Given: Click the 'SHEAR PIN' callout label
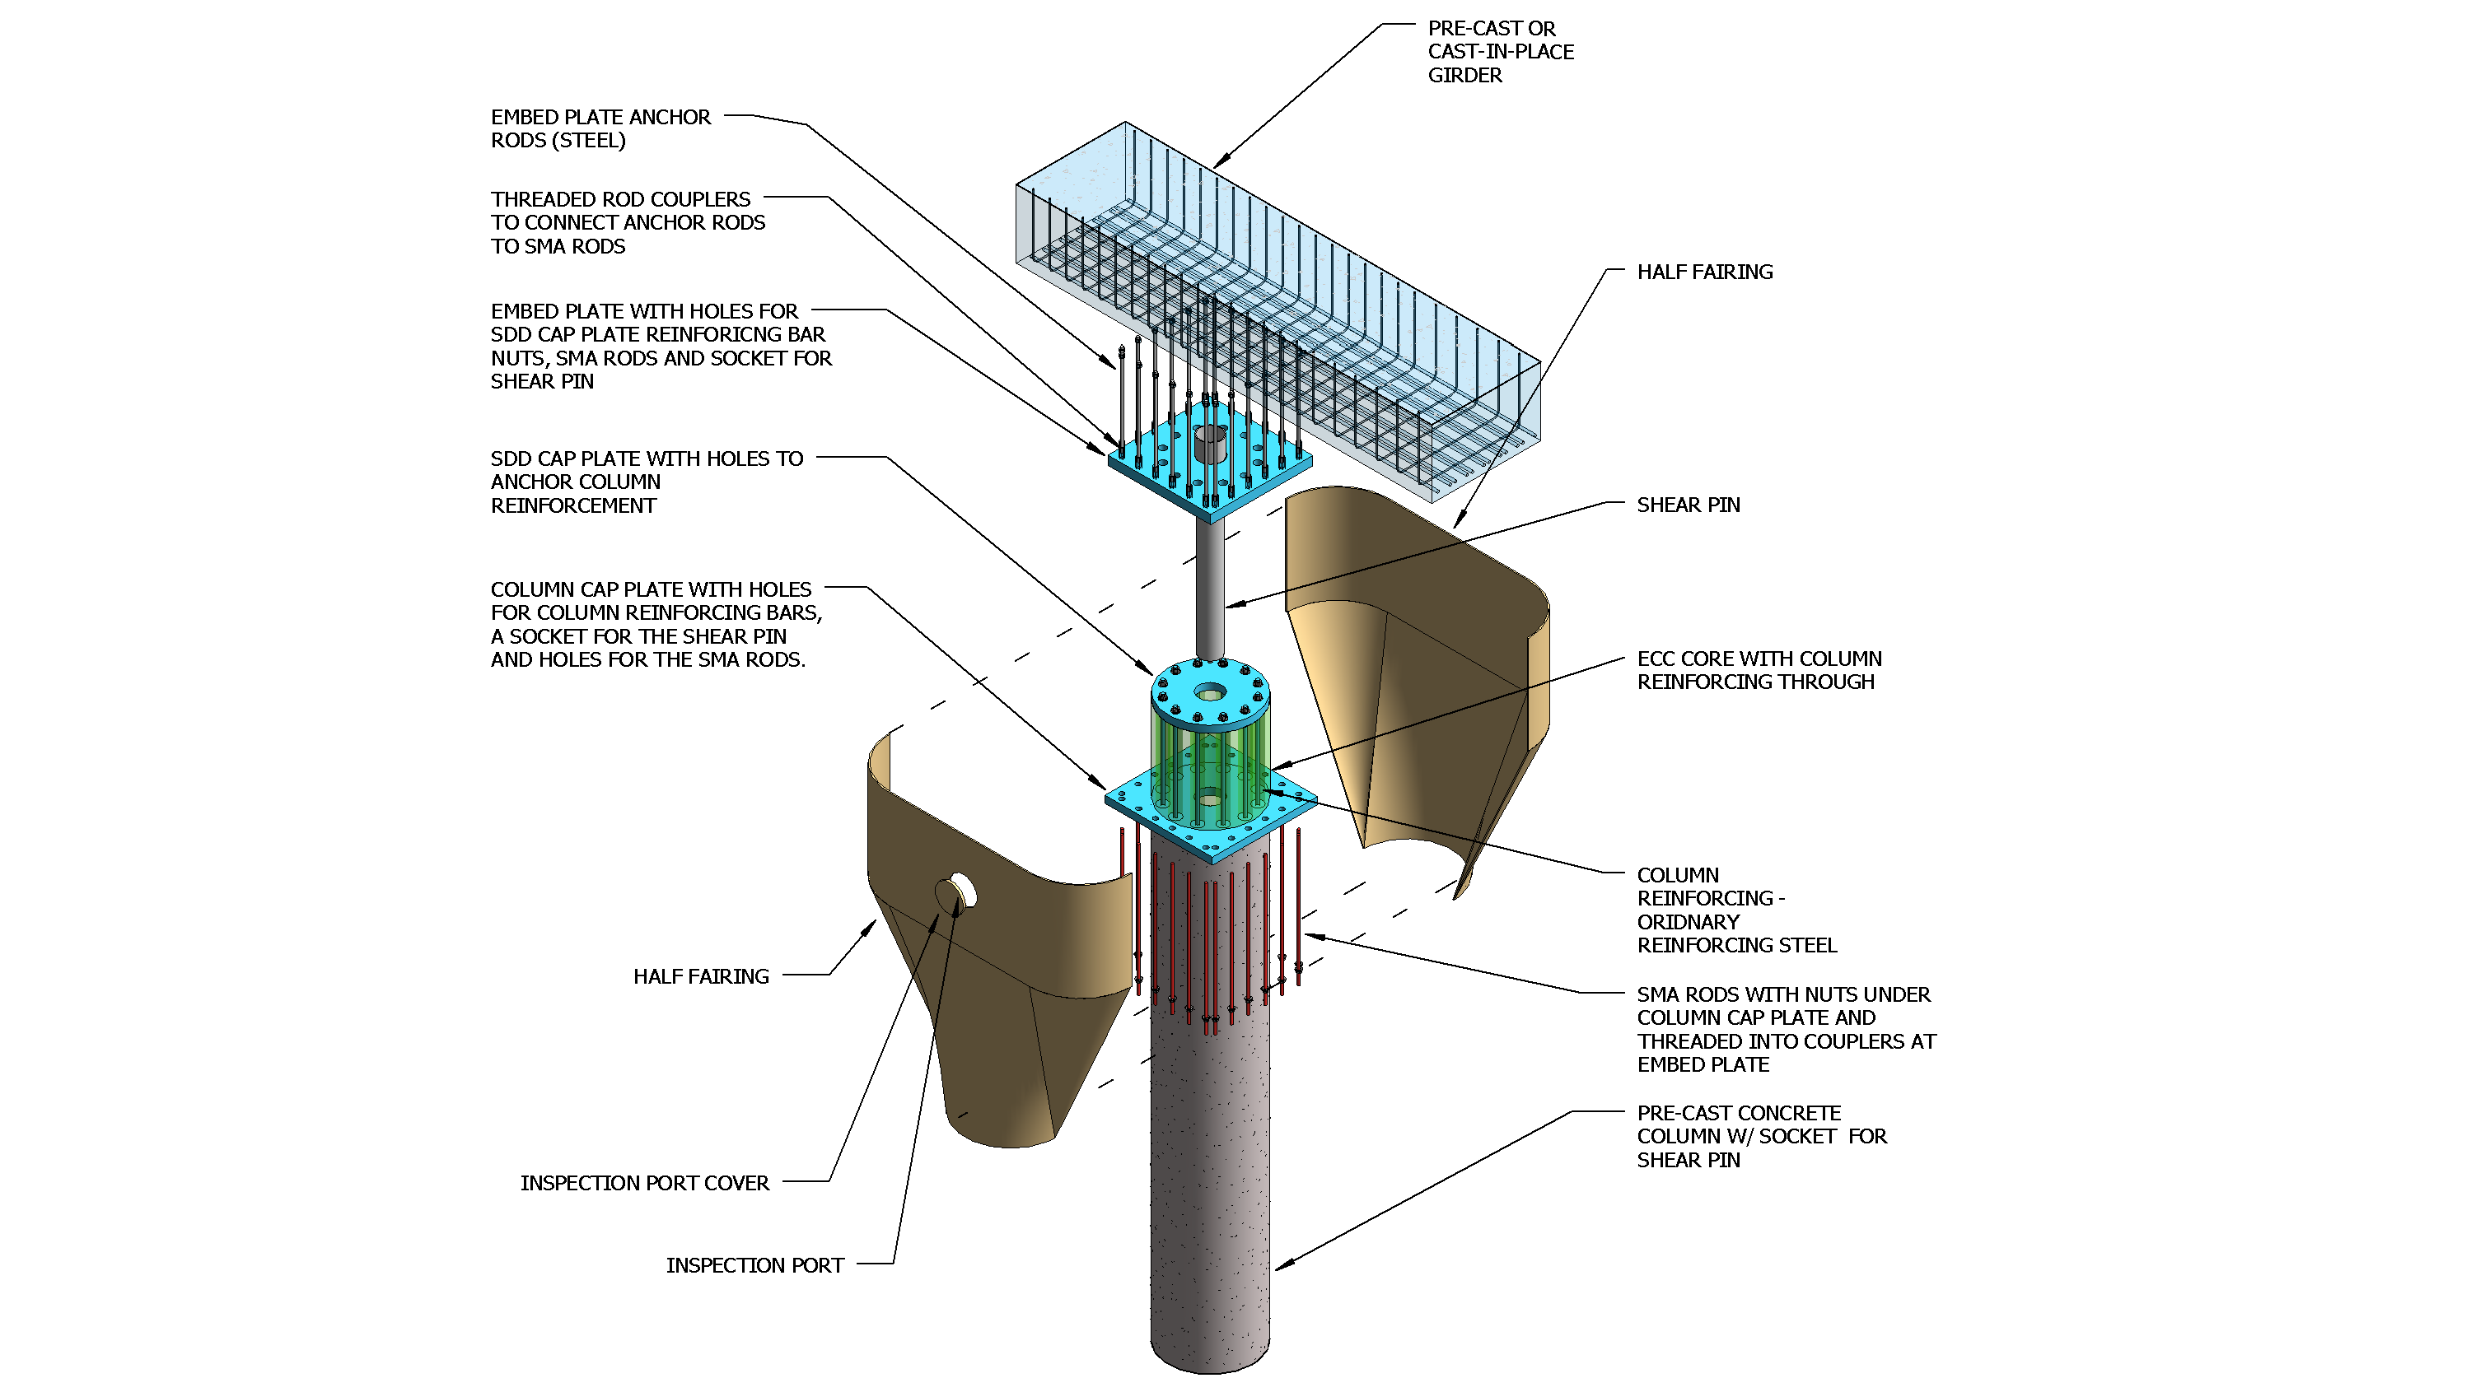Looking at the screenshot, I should (x=1688, y=505).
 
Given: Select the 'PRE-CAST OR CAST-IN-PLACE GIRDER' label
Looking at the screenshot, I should (x=1499, y=52).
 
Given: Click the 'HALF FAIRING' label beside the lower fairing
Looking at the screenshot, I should (x=700, y=976).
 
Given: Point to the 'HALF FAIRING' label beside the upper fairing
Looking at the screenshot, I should (x=1703, y=272).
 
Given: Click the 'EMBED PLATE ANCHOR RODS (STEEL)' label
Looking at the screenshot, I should (x=600, y=128).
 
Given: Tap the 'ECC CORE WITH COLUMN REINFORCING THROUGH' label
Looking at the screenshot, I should (x=1759, y=670).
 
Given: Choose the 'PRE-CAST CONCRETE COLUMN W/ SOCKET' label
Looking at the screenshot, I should (x=1760, y=1136).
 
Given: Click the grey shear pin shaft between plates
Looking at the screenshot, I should (x=1210, y=585).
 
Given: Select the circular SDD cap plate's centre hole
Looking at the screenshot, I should (x=1211, y=691).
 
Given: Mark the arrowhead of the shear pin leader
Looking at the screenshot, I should (x=1231, y=606).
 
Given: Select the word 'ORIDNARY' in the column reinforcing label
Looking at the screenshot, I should (x=1688, y=923).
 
